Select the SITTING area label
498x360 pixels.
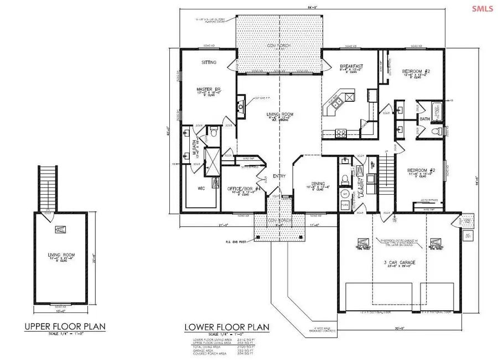[193, 62]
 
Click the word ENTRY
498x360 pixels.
[278, 177]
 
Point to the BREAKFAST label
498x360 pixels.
[350, 66]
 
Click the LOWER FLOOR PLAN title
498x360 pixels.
[227, 327]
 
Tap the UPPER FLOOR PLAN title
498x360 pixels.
[65, 327]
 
